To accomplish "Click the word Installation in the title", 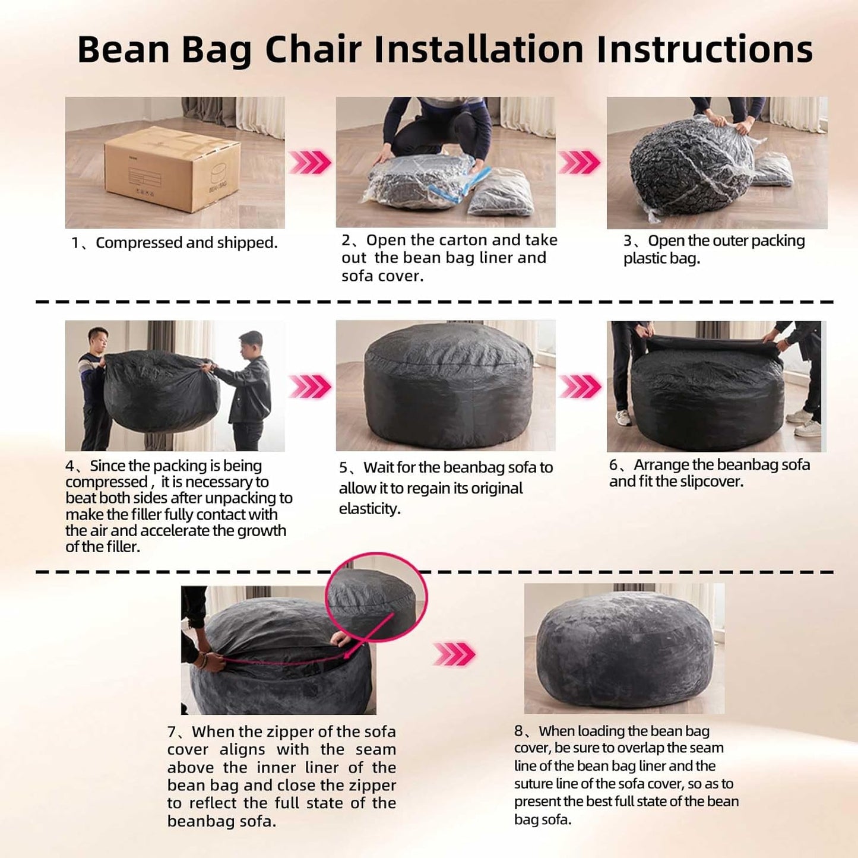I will coord(479,49).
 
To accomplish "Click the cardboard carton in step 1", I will coord(172,169).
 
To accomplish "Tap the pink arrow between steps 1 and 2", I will coord(310,162).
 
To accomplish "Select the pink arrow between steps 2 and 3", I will coord(580,162).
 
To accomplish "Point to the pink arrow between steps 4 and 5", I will coord(310,387).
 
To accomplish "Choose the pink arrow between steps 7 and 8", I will coord(454,654).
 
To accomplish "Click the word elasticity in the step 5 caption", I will coord(369,509).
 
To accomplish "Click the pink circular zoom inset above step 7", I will coord(376,597).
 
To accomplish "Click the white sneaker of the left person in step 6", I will coord(623,418).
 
